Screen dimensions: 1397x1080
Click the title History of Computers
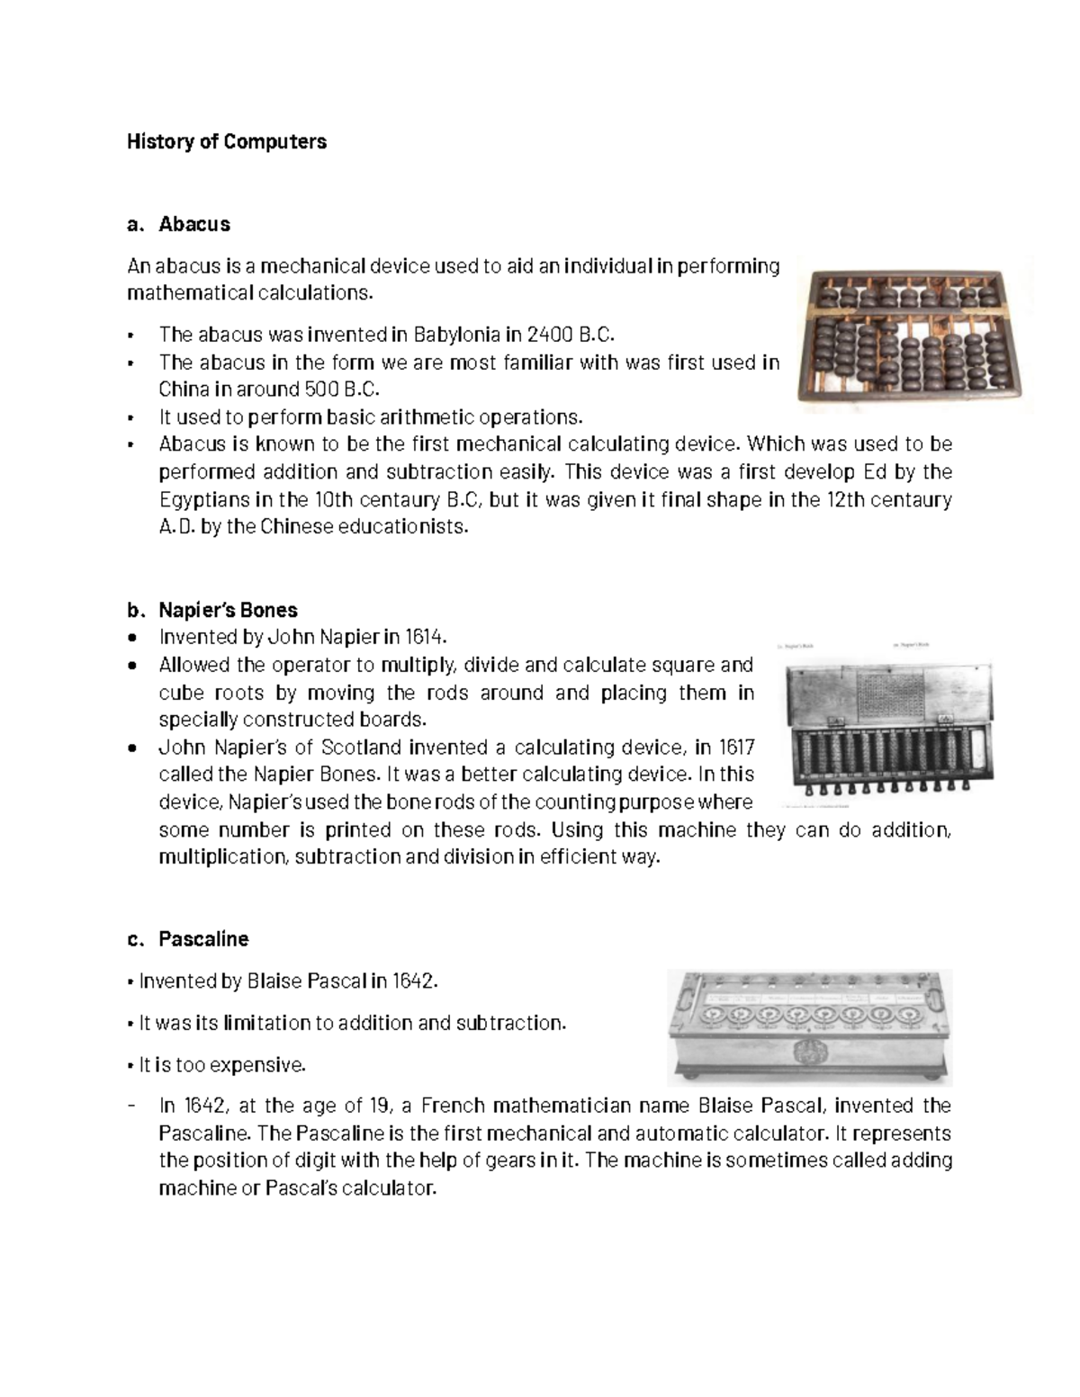pos(226,141)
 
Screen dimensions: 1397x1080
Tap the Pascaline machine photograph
pos(809,1025)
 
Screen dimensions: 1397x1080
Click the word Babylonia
pos(456,335)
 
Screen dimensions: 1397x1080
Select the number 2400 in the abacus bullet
pos(550,335)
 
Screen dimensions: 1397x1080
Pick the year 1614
pos(425,637)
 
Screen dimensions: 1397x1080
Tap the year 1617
pos(736,748)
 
